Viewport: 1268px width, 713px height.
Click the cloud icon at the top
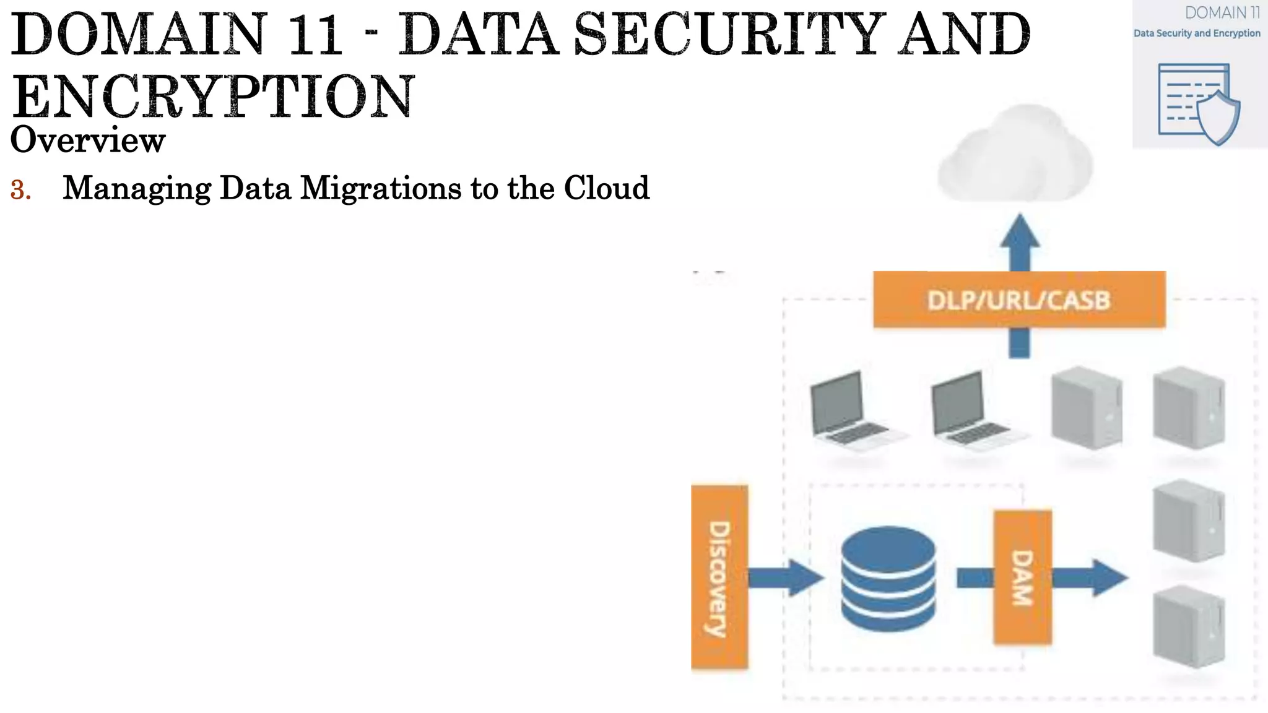click(x=1015, y=155)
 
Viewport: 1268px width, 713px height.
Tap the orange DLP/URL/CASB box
click(x=1019, y=300)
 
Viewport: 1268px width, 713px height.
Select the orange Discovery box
click(x=719, y=577)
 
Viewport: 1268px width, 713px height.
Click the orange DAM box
click(x=1022, y=577)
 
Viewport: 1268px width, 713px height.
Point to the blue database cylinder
click(x=888, y=578)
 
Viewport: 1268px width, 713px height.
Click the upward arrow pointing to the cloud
click(x=1020, y=241)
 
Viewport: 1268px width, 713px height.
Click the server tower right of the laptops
click(x=1087, y=407)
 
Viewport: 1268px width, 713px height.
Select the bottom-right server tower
click(x=1188, y=626)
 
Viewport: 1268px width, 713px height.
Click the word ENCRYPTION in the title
click(x=212, y=97)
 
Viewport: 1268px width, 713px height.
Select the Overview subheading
click(x=88, y=140)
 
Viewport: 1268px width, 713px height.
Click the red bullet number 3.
click(x=20, y=190)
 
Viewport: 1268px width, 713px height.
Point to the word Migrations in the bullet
click(x=380, y=188)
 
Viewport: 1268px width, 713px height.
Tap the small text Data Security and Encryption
click(x=1196, y=33)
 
